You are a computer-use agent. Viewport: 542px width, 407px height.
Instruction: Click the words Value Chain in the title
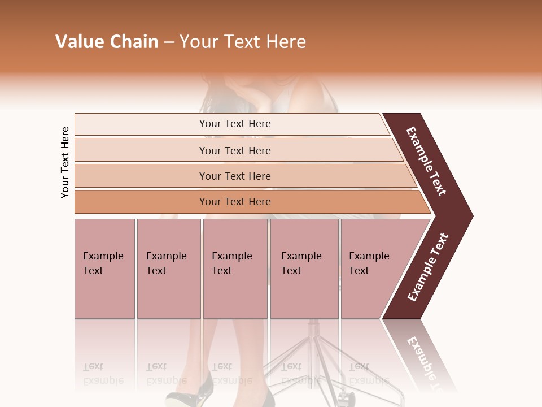click(107, 42)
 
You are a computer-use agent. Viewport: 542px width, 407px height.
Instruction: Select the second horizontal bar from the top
click(235, 150)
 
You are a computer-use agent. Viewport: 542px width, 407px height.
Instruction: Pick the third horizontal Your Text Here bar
click(235, 176)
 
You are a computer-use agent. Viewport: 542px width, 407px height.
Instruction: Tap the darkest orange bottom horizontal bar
click(235, 202)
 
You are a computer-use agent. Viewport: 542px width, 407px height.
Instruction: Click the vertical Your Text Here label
click(65, 163)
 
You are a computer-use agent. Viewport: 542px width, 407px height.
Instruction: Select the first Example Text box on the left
click(104, 269)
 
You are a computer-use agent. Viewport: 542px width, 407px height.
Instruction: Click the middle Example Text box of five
click(235, 269)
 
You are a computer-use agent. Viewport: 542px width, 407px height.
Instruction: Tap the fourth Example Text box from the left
click(304, 269)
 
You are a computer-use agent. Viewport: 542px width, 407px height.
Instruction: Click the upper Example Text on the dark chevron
click(427, 161)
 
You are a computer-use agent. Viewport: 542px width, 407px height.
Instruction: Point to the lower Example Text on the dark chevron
click(428, 267)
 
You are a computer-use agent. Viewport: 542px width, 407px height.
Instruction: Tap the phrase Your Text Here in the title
click(243, 42)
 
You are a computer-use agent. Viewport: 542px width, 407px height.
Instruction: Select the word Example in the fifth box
click(369, 256)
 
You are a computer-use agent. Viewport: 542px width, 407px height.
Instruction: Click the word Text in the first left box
click(93, 271)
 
